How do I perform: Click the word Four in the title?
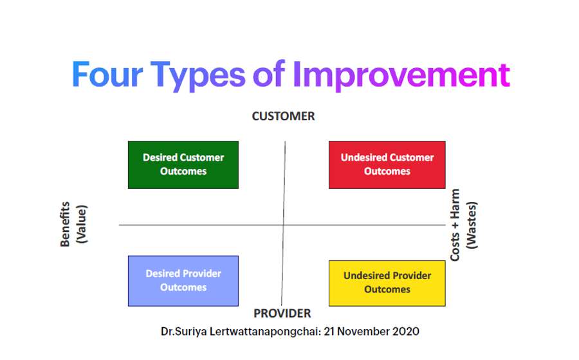point(107,74)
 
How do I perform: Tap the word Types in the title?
point(198,76)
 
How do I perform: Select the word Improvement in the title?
point(401,76)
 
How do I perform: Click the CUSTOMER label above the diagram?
point(283,116)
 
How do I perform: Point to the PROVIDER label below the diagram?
point(282,314)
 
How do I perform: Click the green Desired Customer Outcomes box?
point(183,165)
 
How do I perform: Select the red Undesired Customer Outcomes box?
point(387,165)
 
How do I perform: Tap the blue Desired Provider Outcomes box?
point(183,281)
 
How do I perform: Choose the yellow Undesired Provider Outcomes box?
point(387,283)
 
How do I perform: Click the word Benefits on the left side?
point(65,224)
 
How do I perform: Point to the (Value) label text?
point(82,224)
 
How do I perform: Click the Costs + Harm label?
point(455,225)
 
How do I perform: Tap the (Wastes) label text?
point(472,225)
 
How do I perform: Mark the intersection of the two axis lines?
point(284,224)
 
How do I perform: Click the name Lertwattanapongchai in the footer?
point(265,331)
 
